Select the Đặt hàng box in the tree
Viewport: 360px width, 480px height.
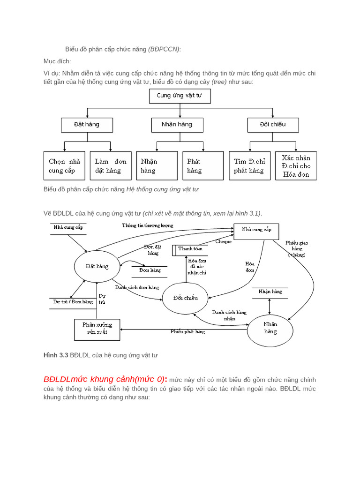click(87, 125)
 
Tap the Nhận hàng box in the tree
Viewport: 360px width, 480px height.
click(177, 125)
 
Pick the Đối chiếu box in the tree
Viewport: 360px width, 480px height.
click(273, 125)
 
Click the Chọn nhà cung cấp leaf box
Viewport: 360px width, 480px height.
click(65, 165)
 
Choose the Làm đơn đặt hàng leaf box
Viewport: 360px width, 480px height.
click(111, 165)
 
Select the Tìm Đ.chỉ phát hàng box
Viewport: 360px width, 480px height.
click(249, 165)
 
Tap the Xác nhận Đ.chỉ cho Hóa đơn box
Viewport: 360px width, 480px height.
click(296, 166)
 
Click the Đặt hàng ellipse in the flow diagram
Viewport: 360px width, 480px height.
click(97, 266)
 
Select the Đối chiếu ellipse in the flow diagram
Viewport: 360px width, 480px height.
click(185, 298)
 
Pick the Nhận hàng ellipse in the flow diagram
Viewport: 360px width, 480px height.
click(270, 328)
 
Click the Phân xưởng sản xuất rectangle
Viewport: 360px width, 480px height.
click(97, 329)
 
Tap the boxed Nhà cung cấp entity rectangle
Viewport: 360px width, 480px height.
click(256, 230)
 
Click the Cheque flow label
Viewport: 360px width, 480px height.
click(223, 242)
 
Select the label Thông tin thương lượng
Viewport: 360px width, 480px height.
click(148, 225)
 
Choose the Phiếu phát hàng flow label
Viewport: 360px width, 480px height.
click(187, 331)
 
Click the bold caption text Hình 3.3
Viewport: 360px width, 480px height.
click(55, 356)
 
